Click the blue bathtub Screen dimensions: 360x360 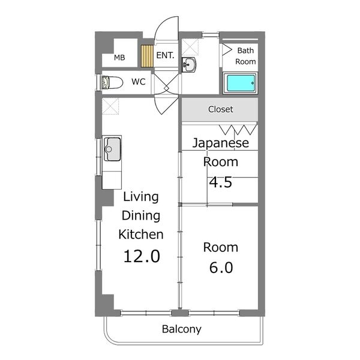point(241,83)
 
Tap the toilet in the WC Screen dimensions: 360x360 point(112,82)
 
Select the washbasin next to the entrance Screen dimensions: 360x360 point(189,65)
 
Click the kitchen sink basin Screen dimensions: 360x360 point(112,149)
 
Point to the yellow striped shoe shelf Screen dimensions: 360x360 point(147,56)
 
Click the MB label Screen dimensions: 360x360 point(119,58)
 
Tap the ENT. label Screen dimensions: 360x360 point(165,55)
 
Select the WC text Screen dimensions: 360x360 point(139,82)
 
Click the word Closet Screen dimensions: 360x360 point(221,109)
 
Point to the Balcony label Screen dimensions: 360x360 point(182,329)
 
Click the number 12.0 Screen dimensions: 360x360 point(142,256)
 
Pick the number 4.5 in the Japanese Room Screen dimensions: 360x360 point(221,182)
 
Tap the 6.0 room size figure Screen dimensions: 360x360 point(221,268)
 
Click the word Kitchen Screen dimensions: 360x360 point(141,235)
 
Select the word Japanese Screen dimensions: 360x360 point(220,143)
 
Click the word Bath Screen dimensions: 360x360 point(245,50)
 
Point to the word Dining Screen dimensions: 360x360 point(141,216)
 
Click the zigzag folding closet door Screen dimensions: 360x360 point(238,130)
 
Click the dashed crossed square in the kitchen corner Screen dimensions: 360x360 point(110,106)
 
